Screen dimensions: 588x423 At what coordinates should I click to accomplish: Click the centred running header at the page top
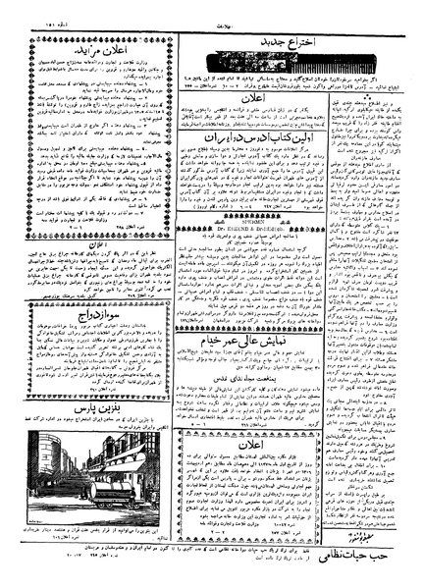click(212, 9)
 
